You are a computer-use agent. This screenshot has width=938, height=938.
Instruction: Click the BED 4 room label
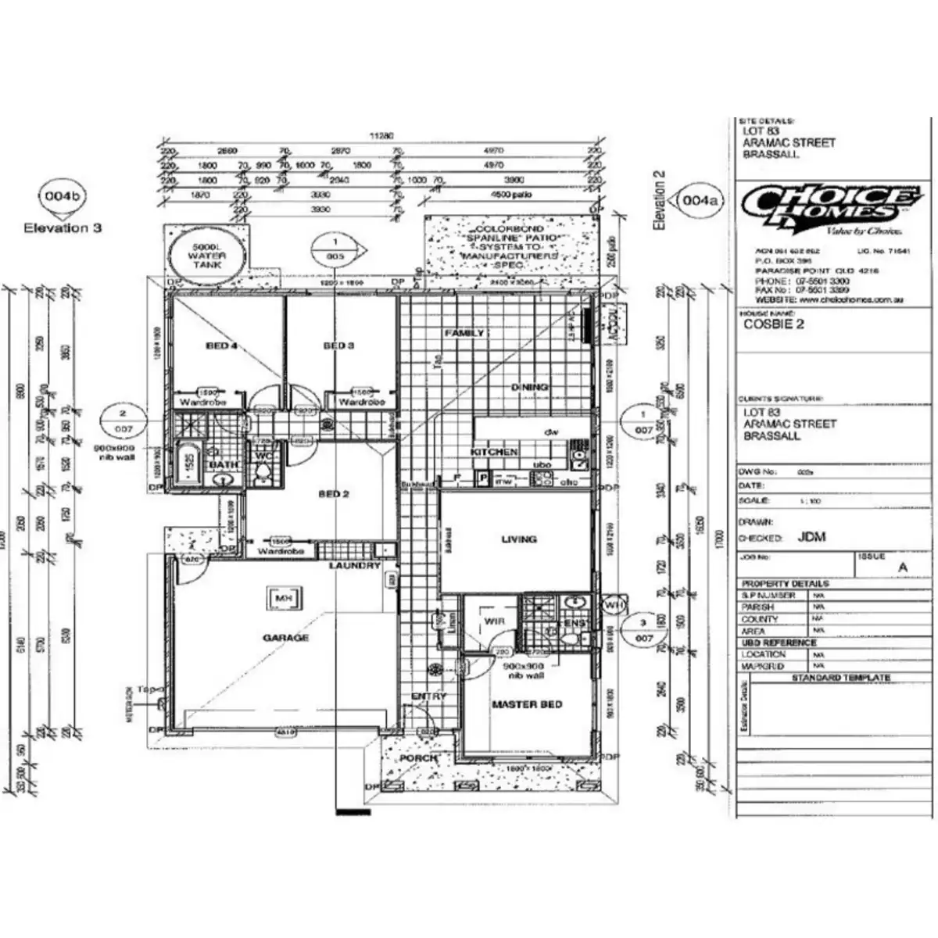221,345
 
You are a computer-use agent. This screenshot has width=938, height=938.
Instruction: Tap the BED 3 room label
338,345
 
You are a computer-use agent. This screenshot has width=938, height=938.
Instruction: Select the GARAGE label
285,638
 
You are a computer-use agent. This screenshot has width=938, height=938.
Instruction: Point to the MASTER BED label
526,704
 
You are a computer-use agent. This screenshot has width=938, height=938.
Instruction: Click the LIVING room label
519,539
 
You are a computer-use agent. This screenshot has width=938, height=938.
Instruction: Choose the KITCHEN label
494,453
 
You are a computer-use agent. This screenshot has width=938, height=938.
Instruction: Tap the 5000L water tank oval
207,256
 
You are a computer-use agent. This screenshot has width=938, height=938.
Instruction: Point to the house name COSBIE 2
773,324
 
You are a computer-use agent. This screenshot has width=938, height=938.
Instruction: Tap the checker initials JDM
811,538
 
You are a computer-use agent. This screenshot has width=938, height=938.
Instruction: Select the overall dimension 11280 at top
381,135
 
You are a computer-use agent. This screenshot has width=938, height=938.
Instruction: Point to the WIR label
494,621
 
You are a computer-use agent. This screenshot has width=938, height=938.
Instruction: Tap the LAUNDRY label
354,565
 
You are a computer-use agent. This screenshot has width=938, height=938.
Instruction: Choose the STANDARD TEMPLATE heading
841,678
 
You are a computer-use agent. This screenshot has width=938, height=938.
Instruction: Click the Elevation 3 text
63,228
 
